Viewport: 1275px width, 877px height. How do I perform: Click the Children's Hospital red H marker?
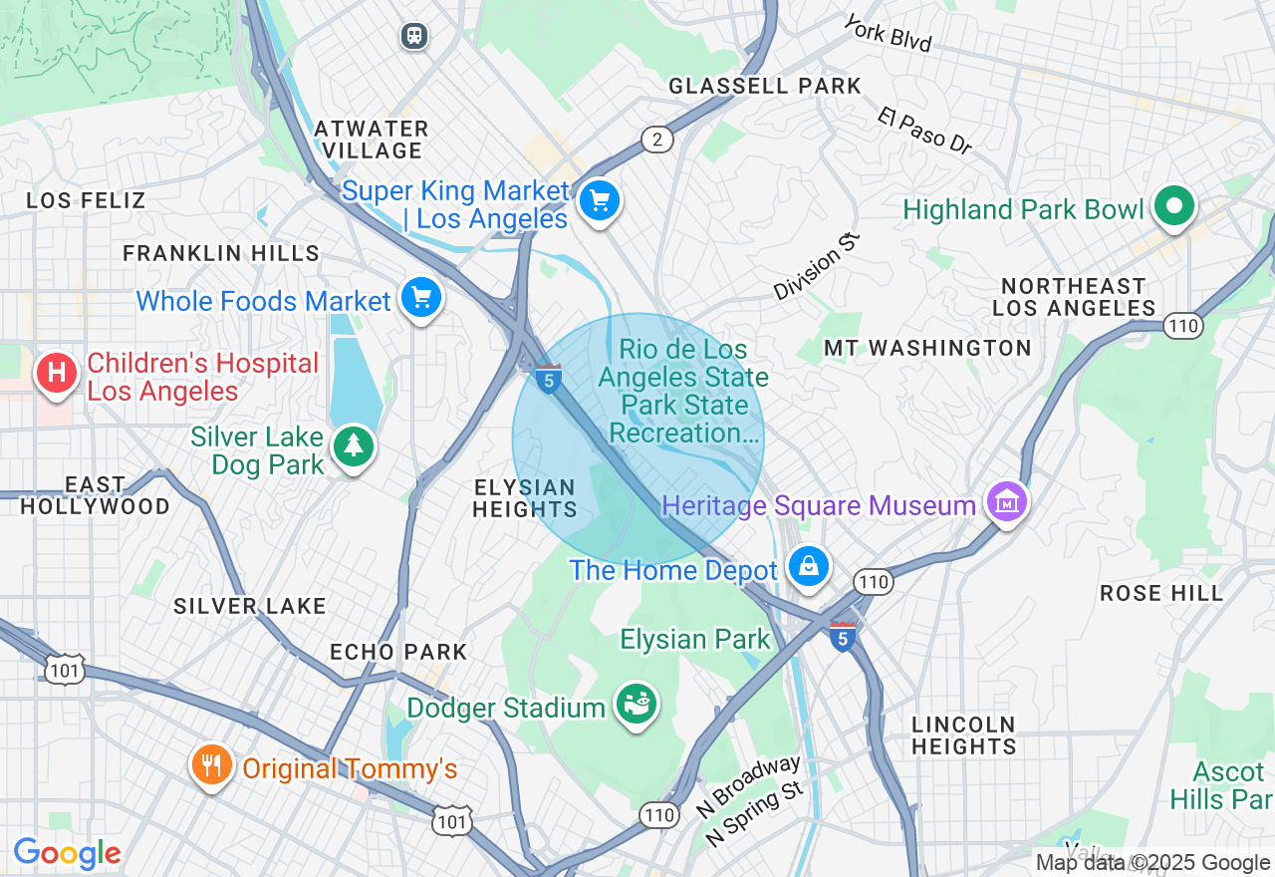coord(57,374)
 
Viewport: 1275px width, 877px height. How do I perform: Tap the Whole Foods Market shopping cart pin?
coord(420,297)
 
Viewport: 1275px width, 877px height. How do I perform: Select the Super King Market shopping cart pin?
coord(599,201)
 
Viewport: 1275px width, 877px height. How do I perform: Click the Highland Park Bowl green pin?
coord(1173,206)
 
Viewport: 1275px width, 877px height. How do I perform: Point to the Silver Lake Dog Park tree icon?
coord(353,446)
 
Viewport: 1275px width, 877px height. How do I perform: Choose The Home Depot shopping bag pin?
coord(808,566)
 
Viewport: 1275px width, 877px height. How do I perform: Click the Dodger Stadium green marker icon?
coord(637,705)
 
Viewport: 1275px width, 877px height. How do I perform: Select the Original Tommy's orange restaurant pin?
coord(211,765)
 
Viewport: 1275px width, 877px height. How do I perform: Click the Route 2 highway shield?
coord(656,140)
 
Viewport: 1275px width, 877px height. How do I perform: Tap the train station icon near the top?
coord(414,36)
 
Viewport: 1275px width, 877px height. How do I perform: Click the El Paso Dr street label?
coord(924,131)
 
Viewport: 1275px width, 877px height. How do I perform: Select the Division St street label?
coord(816,265)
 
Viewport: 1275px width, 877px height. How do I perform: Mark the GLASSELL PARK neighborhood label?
coord(764,87)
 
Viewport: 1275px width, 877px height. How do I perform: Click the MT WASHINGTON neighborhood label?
coord(927,348)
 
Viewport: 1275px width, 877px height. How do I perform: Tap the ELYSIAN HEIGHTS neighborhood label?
coord(524,498)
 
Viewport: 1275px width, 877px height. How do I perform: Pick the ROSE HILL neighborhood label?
coord(1161,594)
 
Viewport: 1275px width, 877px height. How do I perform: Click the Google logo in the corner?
coord(67,854)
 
